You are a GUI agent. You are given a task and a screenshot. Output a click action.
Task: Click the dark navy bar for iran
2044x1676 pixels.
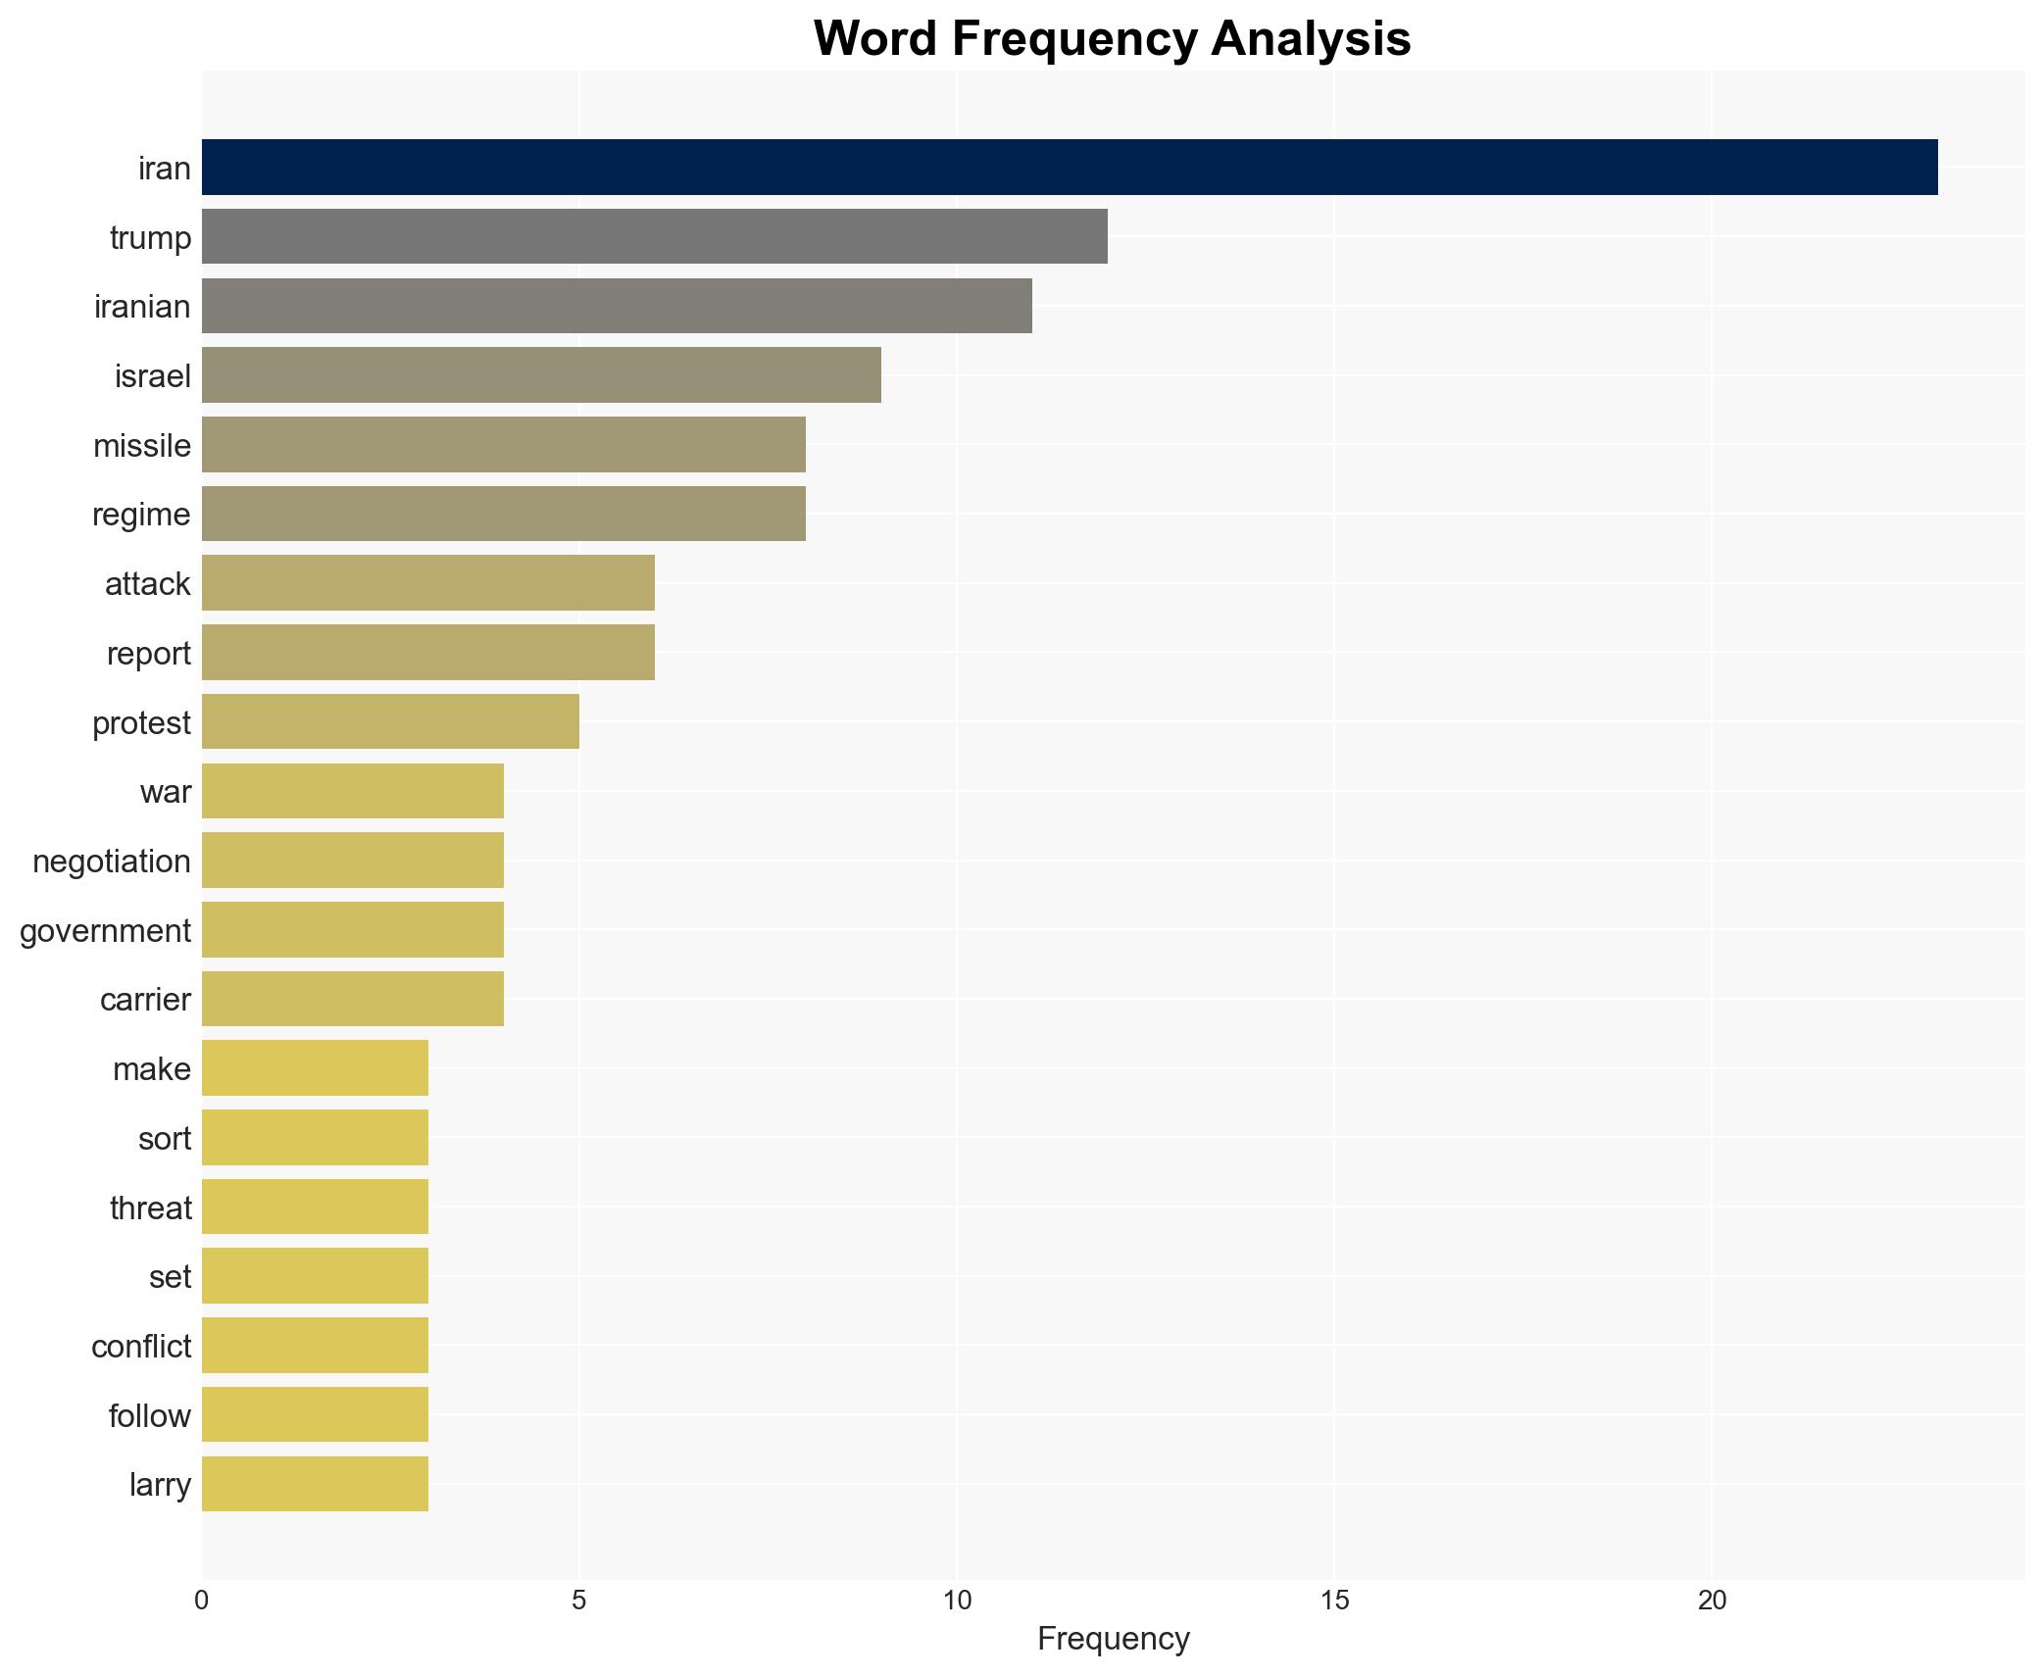[1069, 168]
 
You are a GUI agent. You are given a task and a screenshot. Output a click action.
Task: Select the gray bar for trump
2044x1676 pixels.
[654, 236]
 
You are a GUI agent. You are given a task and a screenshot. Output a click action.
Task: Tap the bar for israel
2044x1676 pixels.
[541, 374]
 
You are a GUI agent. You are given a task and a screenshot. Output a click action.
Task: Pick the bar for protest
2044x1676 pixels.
[390, 721]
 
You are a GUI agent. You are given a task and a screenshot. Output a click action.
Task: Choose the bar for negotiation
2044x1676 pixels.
[353, 861]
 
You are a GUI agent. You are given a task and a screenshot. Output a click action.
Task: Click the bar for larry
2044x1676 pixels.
[315, 1484]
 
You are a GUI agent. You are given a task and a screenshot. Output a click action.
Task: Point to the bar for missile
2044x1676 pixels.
[503, 444]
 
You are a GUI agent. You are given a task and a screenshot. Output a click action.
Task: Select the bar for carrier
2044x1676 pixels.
[353, 999]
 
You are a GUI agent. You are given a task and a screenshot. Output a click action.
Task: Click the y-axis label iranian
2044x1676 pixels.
[142, 307]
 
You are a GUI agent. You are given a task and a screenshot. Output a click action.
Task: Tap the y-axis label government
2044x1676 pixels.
[105, 930]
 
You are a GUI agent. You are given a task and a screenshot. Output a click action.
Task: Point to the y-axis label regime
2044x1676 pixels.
[141, 515]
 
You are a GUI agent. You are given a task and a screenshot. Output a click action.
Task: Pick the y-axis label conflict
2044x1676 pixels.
[141, 1346]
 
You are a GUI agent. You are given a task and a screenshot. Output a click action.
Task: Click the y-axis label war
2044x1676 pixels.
[165, 792]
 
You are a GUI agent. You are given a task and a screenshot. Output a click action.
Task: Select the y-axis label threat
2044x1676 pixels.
[150, 1208]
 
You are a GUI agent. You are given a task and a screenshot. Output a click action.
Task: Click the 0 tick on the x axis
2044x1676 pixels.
[202, 1601]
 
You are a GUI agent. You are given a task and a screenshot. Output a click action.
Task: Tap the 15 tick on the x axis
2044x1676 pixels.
[1334, 1601]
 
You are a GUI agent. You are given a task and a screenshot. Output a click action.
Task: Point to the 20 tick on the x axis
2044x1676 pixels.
[1712, 1601]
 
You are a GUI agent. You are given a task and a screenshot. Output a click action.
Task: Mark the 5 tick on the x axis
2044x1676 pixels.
[579, 1601]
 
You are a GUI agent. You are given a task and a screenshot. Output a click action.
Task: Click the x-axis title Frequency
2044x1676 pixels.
[1113, 1639]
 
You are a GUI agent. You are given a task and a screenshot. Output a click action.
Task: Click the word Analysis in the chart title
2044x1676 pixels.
[1310, 39]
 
